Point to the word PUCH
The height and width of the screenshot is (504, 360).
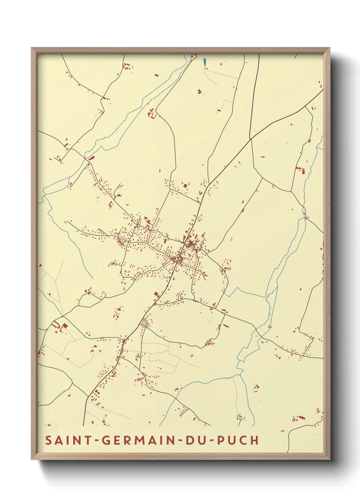click(238, 440)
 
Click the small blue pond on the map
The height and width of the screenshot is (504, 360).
click(205, 62)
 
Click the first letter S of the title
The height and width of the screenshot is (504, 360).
click(49, 440)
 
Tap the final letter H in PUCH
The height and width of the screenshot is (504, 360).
click(255, 440)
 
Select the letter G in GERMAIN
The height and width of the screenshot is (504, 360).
click(107, 440)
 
